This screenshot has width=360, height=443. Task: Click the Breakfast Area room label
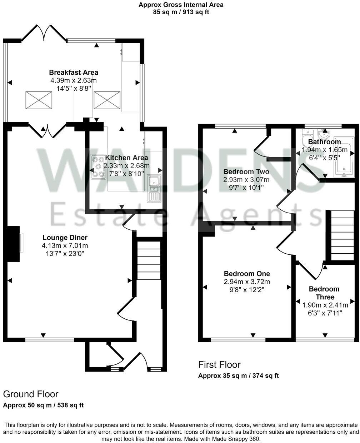click(x=74, y=73)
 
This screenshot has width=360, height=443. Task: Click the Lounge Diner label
click(x=65, y=238)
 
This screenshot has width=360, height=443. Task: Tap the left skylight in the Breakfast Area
click(x=38, y=100)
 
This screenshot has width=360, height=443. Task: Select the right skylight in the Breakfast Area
click(x=107, y=100)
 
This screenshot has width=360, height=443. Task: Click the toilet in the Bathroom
click(x=307, y=136)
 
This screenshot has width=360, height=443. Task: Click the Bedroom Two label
click(x=246, y=171)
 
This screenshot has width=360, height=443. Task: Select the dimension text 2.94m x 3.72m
click(x=246, y=282)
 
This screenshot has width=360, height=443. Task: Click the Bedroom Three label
click(x=324, y=293)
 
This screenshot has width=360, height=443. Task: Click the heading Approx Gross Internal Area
click(x=181, y=5)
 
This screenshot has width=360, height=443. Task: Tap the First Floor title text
click(x=219, y=365)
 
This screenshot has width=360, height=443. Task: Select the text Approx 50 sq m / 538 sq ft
click(x=43, y=405)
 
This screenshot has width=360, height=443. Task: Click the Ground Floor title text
click(x=31, y=394)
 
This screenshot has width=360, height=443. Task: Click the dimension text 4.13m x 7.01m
click(x=65, y=246)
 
